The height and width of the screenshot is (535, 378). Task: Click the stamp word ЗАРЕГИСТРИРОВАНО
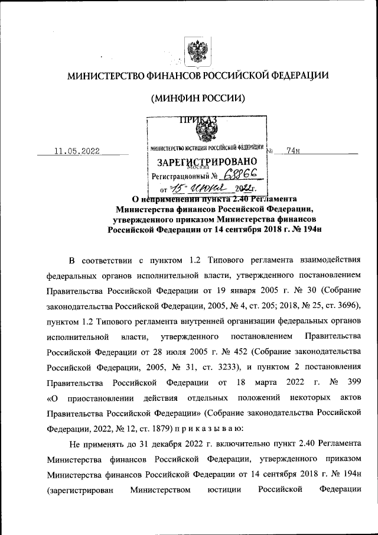[206, 161]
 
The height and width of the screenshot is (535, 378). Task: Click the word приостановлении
[103, 398]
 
